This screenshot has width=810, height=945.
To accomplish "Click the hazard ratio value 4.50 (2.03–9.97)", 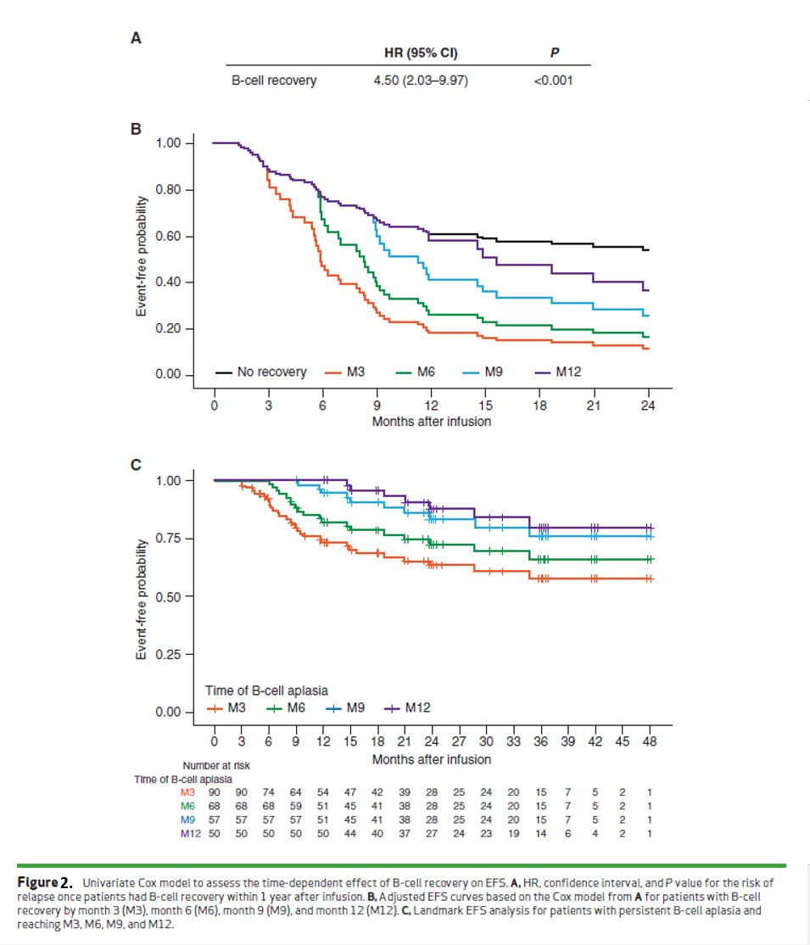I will (422, 81).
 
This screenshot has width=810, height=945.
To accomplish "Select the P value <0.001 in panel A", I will (554, 81).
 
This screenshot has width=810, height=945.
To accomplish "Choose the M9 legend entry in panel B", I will (483, 372).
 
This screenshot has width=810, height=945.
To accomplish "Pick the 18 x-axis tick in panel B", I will (539, 405).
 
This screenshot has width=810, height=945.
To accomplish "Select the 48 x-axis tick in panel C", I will (649, 741).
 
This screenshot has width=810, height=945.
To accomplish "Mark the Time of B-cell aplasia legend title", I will (266, 690).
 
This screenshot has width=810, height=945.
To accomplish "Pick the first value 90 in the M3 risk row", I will (215, 792).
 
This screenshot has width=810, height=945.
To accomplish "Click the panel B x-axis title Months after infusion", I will (431, 421).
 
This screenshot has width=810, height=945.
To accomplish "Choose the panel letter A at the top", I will (135, 37).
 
